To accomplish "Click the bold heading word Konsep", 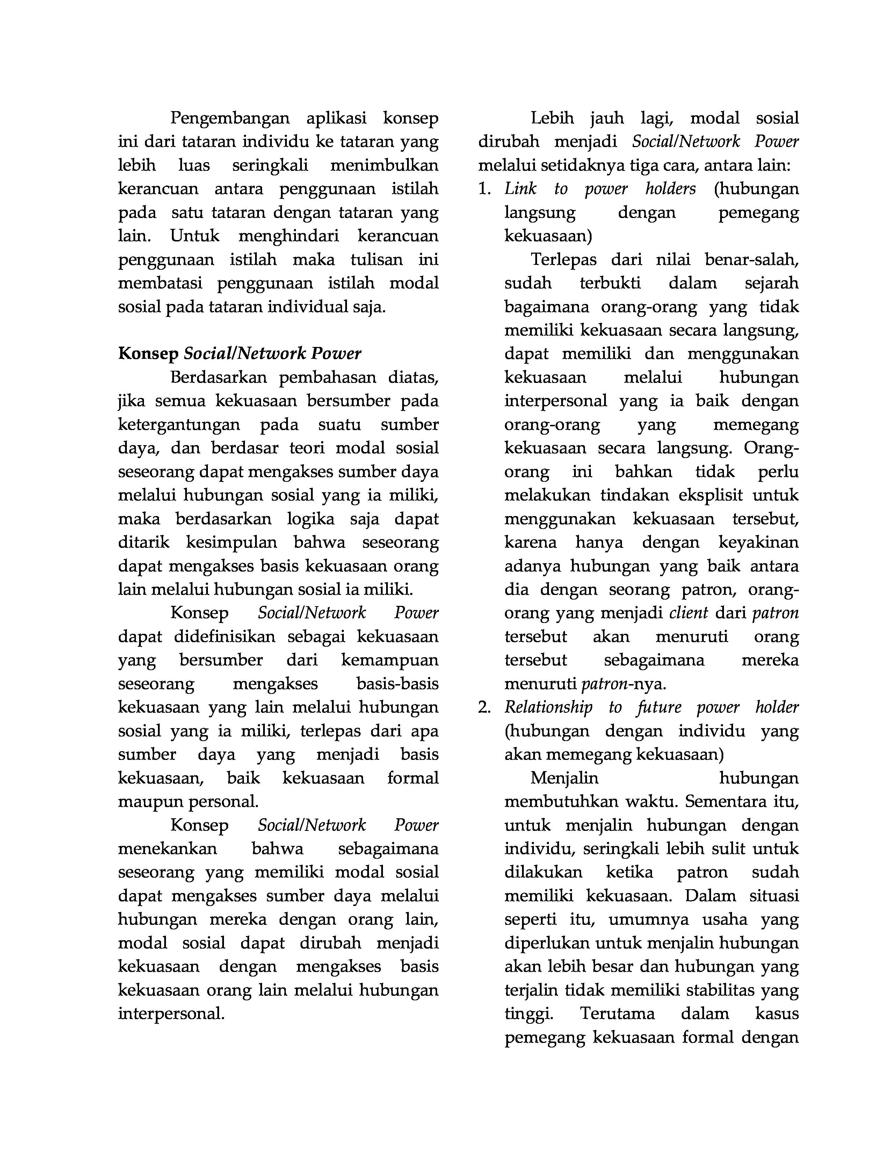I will pos(148,354).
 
